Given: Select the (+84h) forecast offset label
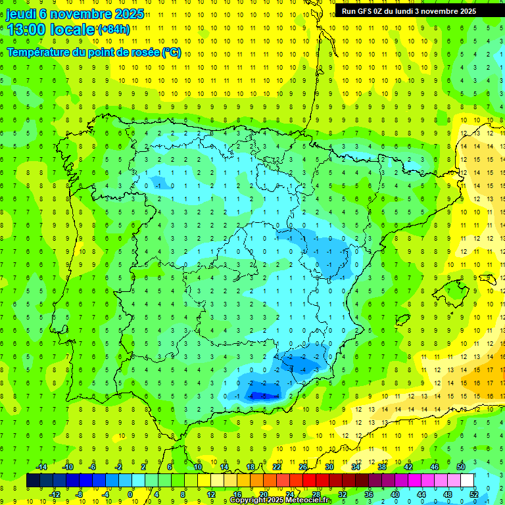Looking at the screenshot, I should tap(112, 30).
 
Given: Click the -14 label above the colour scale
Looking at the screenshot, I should tap(41, 467).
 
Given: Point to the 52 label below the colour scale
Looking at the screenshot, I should tap(473, 494).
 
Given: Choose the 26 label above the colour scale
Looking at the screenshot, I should tap(303, 467).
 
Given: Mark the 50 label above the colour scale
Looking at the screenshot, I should tap(460, 467).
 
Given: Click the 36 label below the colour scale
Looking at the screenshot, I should tap(369, 494).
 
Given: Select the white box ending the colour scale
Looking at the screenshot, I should tap(468, 481).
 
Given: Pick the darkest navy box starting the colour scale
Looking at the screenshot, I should tap(33, 481).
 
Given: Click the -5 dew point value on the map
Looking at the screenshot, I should tap(263, 396).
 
